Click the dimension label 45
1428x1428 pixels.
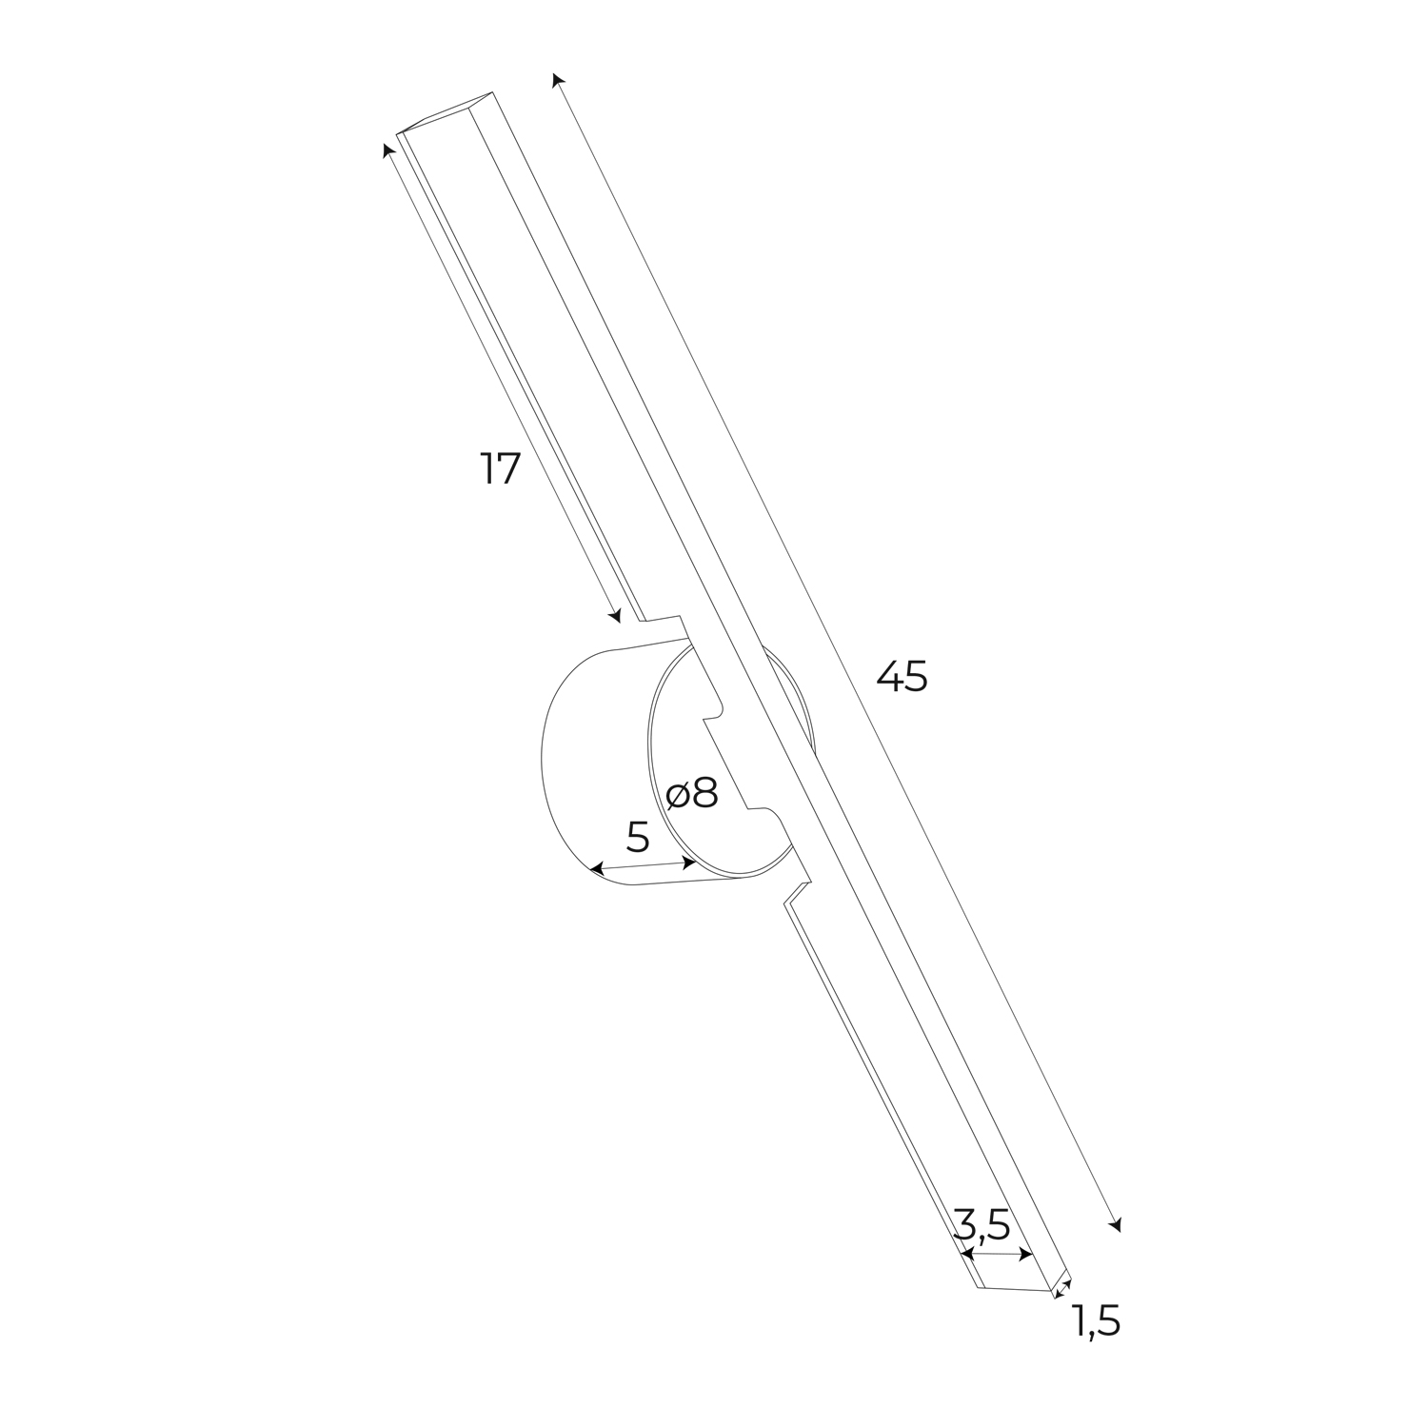[902, 676]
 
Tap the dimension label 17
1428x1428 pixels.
[501, 468]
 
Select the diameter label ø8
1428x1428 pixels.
[692, 792]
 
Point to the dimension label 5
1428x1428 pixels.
[638, 837]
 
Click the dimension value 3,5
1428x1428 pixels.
[982, 1224]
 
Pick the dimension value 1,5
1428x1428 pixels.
[1097, 1320]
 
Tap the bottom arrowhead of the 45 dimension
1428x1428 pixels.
[1116, 1224]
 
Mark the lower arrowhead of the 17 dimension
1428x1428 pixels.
[615, 615]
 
